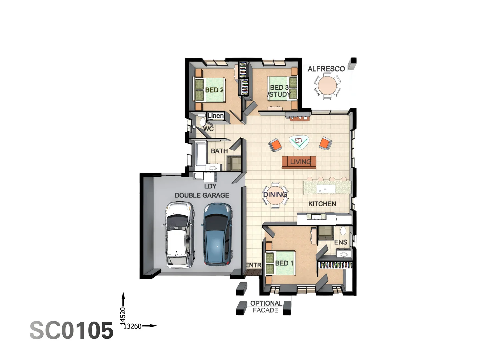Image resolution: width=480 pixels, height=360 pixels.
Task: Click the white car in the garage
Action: point(179,235)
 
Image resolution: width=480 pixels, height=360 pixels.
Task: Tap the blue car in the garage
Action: point(218,235)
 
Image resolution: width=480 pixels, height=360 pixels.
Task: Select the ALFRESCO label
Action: point(326,69)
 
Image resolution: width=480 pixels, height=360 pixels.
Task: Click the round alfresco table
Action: point(327,86)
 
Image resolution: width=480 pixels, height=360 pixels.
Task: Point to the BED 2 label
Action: point(214,90)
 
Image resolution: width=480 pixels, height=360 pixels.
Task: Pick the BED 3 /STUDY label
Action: point(279,91)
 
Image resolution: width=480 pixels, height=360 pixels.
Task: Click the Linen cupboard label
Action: point(216,116)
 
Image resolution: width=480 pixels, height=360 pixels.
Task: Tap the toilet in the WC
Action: point(203,122)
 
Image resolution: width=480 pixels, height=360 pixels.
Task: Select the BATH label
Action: point(219,151)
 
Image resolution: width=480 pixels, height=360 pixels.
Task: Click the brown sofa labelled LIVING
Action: point(299,162)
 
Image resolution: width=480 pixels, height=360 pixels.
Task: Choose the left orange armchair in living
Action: point(276,145)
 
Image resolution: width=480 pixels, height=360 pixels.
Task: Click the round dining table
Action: point(275,195)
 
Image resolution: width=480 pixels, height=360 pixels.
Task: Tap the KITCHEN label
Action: point(322,204)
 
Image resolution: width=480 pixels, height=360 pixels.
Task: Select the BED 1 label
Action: point(284,263)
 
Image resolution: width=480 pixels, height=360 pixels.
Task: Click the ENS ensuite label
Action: point(341,242)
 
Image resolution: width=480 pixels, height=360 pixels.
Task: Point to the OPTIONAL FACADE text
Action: point(266,307)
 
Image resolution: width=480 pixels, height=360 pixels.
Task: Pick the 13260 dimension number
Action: point(132,326)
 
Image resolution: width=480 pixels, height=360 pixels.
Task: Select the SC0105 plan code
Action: point(71,331)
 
